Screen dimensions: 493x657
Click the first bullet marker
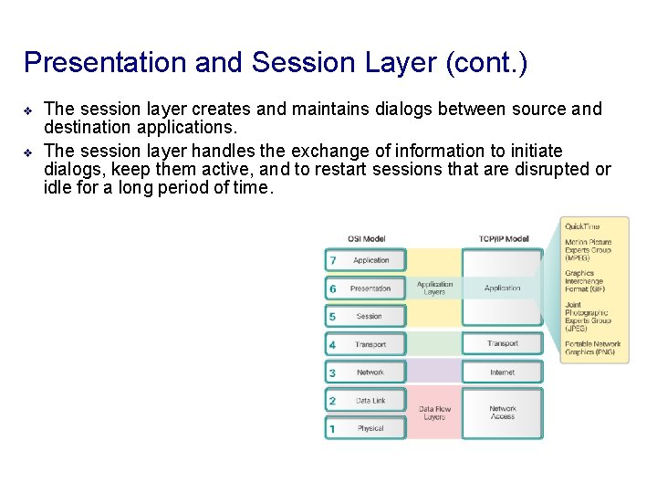[x=28, y=110]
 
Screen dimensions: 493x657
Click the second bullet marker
[x=28, y=152]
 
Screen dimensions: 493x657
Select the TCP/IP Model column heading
[x=503, y=239]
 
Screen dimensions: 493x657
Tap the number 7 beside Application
[x=333, y=260]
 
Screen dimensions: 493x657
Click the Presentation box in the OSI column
[x=370, y=288]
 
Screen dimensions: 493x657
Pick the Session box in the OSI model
[x=370, y=317]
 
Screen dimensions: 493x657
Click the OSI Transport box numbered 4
[x=370, y=345]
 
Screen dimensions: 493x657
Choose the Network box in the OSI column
[x=370, y=372]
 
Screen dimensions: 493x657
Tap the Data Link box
[x=370, y=401]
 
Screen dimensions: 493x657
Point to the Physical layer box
[x=370, y=428]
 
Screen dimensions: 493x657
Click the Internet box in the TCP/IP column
[x=503, y=372]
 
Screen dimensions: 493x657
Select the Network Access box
[x=503, y=414]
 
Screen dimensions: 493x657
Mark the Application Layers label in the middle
[x=435, y=288]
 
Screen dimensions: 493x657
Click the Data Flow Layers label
[x=435, y=414]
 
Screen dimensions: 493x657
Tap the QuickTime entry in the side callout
[x=582, y=226]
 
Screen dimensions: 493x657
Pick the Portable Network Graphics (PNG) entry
[x=592, y=348]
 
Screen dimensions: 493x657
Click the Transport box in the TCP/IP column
[x=503, y=344]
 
